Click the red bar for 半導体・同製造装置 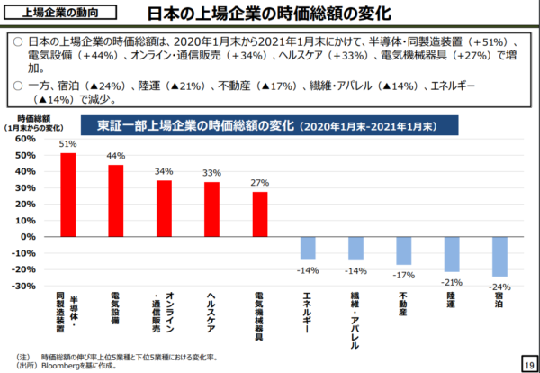67,194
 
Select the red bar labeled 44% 116,200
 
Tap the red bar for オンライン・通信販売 164,207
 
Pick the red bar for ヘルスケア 211,208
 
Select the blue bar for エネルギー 308,247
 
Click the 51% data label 67,143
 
